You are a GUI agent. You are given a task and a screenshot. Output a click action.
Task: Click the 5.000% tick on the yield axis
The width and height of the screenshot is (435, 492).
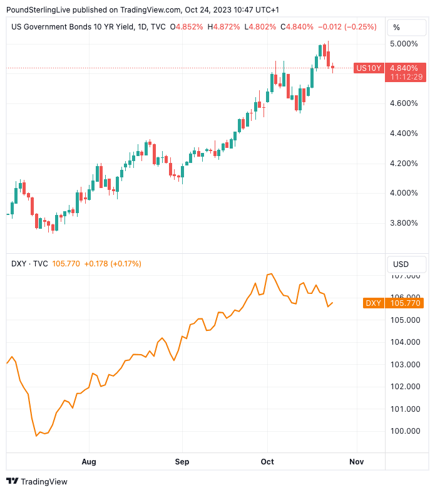click(x=404, y=43)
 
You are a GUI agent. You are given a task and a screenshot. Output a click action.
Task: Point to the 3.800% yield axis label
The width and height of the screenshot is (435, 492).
click(x=404, y=222)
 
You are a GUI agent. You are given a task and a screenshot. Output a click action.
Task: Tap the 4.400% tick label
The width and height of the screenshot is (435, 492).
click(x=404, y=133)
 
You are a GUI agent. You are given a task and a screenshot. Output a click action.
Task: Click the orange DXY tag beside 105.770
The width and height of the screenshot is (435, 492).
click(x=373, y=303)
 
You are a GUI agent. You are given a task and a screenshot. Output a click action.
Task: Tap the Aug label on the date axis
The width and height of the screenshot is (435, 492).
click(x=89, y=461)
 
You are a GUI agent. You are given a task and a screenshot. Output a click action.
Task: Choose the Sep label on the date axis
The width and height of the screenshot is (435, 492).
click(x=182, y=461)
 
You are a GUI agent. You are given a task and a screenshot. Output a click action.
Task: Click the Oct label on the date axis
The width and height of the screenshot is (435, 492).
click(x=267, y=461)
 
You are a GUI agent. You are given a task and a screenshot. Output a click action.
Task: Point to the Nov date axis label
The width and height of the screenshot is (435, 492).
click(x=357, y=461)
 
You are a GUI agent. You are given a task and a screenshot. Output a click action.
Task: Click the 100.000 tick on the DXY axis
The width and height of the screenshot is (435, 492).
click(x=405, y=431)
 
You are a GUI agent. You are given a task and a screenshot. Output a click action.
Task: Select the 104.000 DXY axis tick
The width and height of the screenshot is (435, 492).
click(x=405, y=342)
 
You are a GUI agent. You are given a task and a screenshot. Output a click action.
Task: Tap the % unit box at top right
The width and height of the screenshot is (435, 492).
click(x=397, y=28)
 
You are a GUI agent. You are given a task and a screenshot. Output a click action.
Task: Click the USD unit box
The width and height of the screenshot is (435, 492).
click(x=400, y=264)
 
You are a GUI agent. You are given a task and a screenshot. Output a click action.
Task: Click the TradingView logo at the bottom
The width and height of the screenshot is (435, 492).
click(x=37, y=481)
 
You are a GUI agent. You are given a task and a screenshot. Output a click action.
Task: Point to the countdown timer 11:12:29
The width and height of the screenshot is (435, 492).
click(x=405, y=76)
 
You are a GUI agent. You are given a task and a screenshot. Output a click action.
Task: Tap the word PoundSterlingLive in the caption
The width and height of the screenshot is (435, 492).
click(x=38, y=9)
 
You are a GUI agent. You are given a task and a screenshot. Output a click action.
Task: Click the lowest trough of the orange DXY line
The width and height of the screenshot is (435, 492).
click(x=36, y=436)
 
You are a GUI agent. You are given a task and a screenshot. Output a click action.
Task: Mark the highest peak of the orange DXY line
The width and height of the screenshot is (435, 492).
click(x=271, y=274)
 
